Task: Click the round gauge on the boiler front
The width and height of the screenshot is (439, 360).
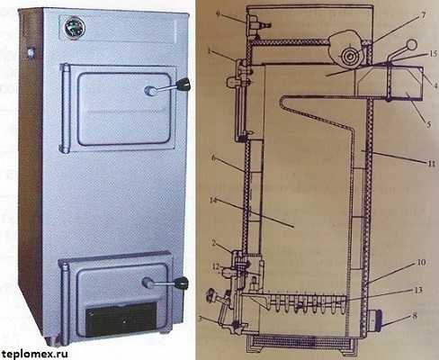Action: [x=75, y=28]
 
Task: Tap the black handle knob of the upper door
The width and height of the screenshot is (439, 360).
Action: [x=184, y=85]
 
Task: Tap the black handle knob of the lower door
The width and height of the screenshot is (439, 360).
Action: [x=182, y=283]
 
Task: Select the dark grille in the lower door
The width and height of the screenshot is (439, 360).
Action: [x=121, y=319]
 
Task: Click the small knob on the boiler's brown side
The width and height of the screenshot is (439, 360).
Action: [x=31, y=52]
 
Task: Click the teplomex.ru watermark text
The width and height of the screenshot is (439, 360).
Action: [x=33, y=354]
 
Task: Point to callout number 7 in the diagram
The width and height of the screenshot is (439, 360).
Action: [x=423, y=15]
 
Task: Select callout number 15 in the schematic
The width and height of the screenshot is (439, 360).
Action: [x=433, y=54]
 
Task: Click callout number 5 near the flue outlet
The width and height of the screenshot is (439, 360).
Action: [x=428, y=124]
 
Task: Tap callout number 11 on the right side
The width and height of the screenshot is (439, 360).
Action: [x=431, y=163]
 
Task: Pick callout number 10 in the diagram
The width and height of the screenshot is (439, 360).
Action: [x=421, y=262]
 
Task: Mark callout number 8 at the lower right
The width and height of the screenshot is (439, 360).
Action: [x=415, y=316]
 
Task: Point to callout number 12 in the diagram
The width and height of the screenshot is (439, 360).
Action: [x=216, y=265]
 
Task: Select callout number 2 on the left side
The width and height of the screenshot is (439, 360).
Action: [x=213, y=243]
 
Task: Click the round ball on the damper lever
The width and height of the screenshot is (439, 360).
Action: [x=412, y=45]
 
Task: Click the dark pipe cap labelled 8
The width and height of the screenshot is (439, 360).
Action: [x=376, y=321]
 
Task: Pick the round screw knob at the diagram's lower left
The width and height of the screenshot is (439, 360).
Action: [x=211, y=296]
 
